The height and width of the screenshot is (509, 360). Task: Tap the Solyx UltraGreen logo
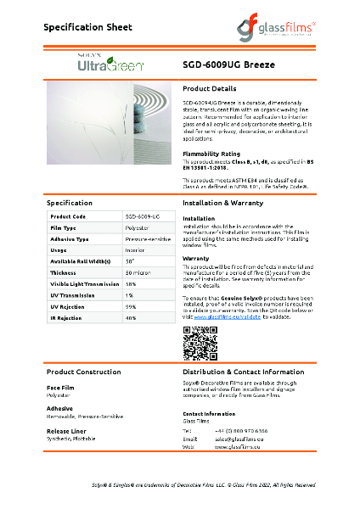(104, 63)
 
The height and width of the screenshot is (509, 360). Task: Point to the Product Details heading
(210, 88)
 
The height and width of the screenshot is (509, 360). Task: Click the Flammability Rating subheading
(212, 154)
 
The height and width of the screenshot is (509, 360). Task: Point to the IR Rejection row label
(66, 316)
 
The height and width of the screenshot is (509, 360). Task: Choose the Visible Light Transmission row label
(82, 283)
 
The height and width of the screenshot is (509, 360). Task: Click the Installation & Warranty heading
(228, 204)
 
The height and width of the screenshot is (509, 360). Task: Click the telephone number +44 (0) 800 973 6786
(243, 430)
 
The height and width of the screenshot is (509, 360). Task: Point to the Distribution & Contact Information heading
(244, 372)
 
